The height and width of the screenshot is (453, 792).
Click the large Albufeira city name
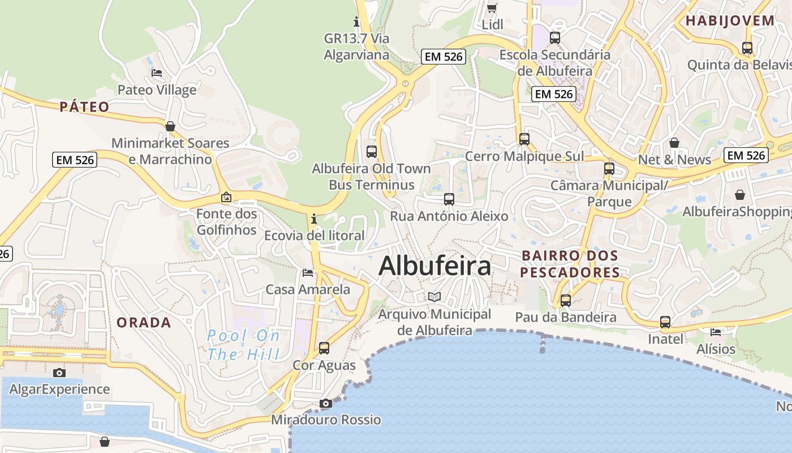pos(434,266)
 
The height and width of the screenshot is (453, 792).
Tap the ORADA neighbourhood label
pos(144,323)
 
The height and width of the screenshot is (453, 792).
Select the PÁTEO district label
pos(84,107)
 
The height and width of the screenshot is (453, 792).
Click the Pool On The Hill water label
pos(243,345)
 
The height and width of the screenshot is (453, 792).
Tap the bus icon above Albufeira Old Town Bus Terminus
pos(372,151)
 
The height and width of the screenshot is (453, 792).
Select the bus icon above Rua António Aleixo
pos(449,199)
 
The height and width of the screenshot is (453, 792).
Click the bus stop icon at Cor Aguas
pos(324,348)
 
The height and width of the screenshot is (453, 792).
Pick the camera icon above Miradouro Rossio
pos(325,403)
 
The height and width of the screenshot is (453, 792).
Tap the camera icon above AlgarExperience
pos(59,372)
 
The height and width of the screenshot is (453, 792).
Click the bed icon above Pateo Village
pos(157,73)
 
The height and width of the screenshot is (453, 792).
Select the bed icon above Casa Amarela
pos(308,273)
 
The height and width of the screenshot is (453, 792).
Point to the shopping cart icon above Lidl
pos(492,8)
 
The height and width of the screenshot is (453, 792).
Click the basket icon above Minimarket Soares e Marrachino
pos(170,126)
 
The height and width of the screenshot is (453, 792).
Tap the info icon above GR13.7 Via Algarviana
pos(356,22)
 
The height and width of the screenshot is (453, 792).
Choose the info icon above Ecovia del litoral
pos(314,219)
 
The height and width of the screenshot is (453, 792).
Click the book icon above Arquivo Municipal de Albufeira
pos(434,297)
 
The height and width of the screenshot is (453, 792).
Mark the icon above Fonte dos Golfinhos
pos(226,197)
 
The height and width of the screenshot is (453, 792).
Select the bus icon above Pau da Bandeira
pos(566,300)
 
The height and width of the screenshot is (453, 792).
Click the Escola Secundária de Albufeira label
pos(555,63)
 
